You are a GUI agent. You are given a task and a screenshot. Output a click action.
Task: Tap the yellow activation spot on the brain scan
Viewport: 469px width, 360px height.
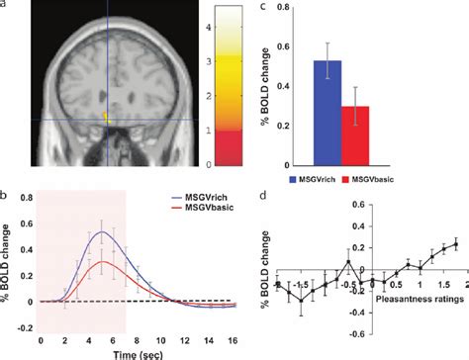[x=110, y=122]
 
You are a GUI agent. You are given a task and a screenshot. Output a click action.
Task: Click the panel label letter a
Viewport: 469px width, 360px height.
[x=7, y=7]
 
